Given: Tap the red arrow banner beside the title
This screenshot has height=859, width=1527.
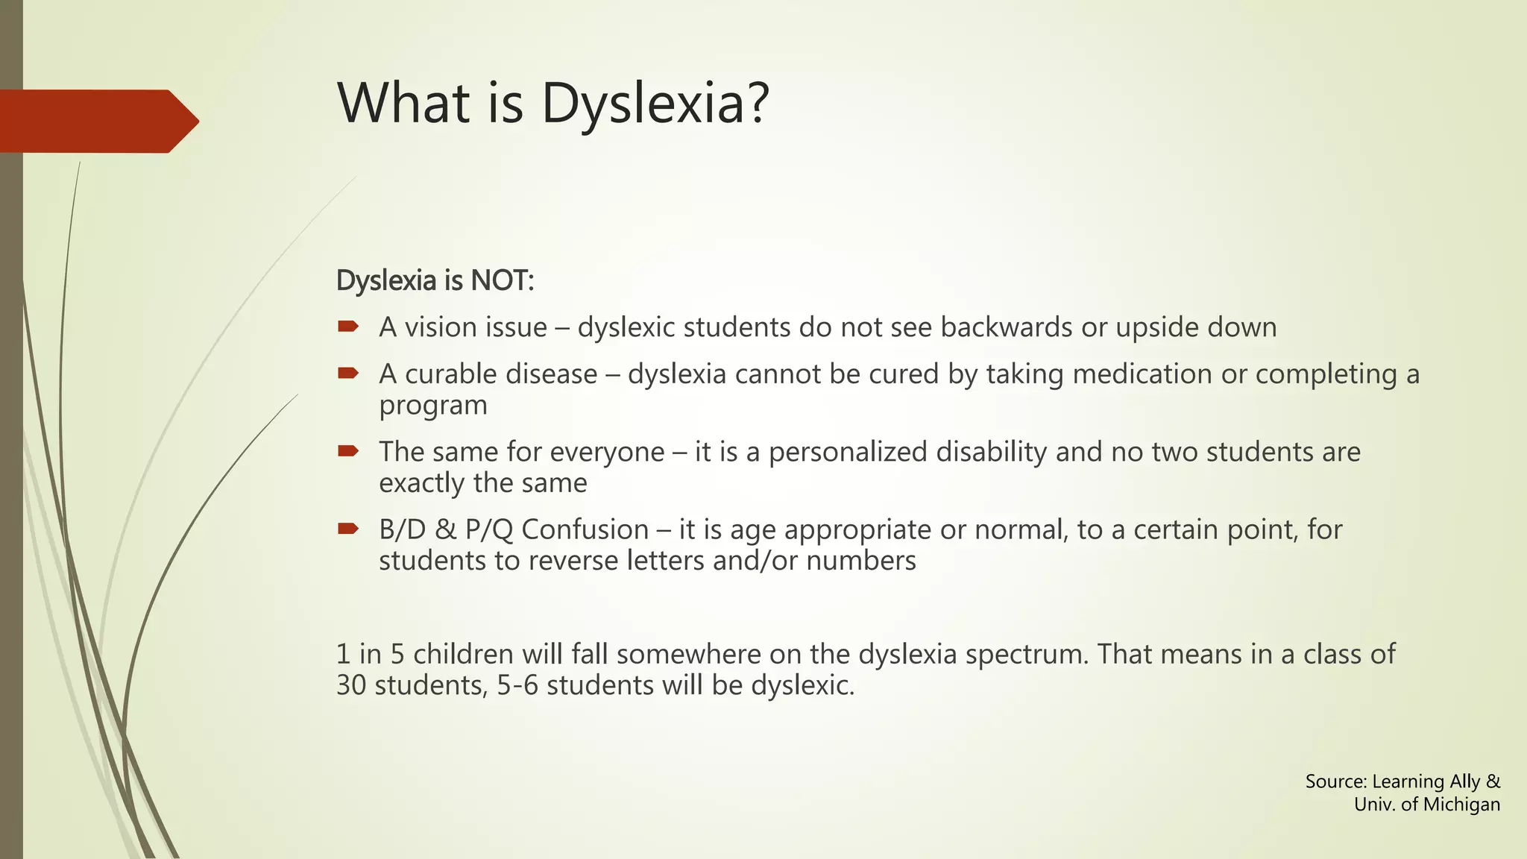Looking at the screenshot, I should (97, 121).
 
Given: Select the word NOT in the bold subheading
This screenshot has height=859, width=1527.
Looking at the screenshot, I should (501, 281).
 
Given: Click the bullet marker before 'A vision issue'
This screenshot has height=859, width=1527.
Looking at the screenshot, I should (348, 326).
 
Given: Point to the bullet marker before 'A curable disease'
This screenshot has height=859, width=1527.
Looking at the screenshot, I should (348, 373).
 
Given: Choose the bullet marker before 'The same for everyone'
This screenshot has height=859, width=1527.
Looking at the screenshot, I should (348, 450).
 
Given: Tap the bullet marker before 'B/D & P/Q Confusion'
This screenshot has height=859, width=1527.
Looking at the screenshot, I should (348, 529).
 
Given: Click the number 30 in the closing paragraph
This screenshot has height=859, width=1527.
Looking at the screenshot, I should (350, 685).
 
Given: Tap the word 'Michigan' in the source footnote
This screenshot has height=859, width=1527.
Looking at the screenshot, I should (1461, 805).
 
